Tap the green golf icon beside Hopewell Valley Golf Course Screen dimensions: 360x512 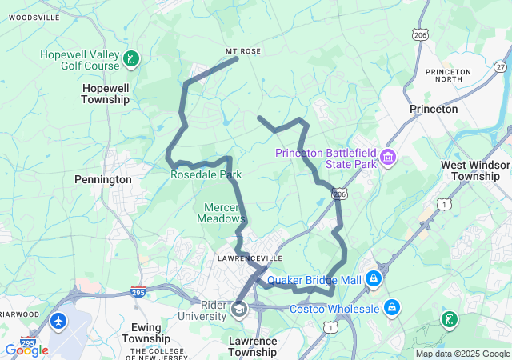point(131,58)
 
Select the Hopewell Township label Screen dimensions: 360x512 point(105,93)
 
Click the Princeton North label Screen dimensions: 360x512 point(449,75)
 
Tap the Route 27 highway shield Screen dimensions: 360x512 point(500,67)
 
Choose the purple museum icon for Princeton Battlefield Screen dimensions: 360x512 point(390,155)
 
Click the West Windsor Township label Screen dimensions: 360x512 point(476,170)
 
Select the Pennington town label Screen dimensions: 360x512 point(102,180)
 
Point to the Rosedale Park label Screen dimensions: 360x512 point(206,174)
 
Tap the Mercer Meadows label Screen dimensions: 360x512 point(221,212)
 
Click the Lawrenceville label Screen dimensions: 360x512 point(250,259)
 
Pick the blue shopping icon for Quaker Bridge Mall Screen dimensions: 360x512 point(374,279)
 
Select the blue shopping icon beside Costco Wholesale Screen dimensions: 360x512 point(392,306)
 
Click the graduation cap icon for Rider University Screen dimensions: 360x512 point(238,309)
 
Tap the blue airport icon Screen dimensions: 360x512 point(58,321)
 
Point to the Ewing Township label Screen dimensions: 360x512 point(146,332)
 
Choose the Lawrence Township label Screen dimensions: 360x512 point(253,346)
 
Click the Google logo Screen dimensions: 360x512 point(26,350)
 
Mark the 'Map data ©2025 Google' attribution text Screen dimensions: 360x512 point(462,354)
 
